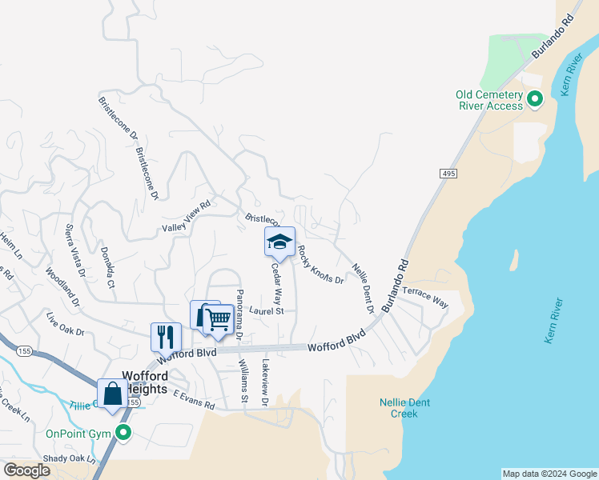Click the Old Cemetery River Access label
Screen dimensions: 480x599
(x=489, y=100)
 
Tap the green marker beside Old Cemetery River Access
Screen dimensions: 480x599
(x=535, y=100)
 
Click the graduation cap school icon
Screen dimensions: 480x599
(x=279, y=241)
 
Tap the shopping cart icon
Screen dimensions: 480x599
(x=218, y=319)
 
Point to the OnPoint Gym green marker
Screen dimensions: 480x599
(x=123, y=434)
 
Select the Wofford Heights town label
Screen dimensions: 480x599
(x=144, y=382)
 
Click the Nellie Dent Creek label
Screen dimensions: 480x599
(x=404, y=408)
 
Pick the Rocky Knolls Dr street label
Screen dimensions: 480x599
(x=320, y=265)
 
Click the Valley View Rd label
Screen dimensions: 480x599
(x=186, y=216)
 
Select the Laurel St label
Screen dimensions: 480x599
(x=267, y=310)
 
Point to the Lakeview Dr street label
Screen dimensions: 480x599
(x=265, y=379)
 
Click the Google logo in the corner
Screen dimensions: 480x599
(x=26, y=470)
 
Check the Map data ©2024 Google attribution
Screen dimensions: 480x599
(x=549, y=474)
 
